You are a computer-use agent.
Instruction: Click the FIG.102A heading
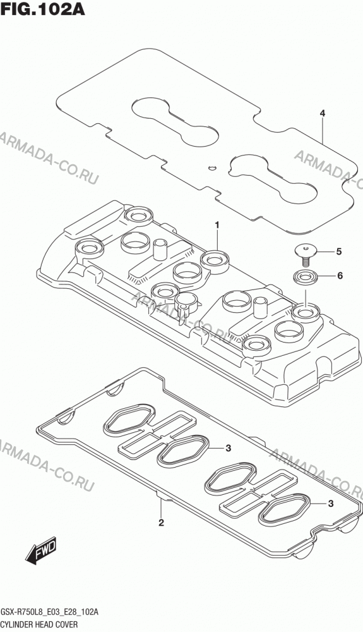click(43, 8)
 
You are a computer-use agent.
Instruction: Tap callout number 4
click(323, 113)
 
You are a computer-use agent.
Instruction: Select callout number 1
click(217, 225)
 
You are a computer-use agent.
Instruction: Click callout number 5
click(339, 252)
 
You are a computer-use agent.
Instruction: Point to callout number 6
click(340, 276)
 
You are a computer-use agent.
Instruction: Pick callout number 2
click(161, 523)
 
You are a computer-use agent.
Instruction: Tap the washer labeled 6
click(305, 277)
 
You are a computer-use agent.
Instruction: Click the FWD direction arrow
click(40, 550)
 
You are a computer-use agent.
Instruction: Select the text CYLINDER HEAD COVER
click(39, 624)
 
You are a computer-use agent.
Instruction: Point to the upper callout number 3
click(228, 448)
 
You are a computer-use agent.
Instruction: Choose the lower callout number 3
click(331, 504)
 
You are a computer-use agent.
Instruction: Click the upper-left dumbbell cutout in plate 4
click(176, 121)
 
